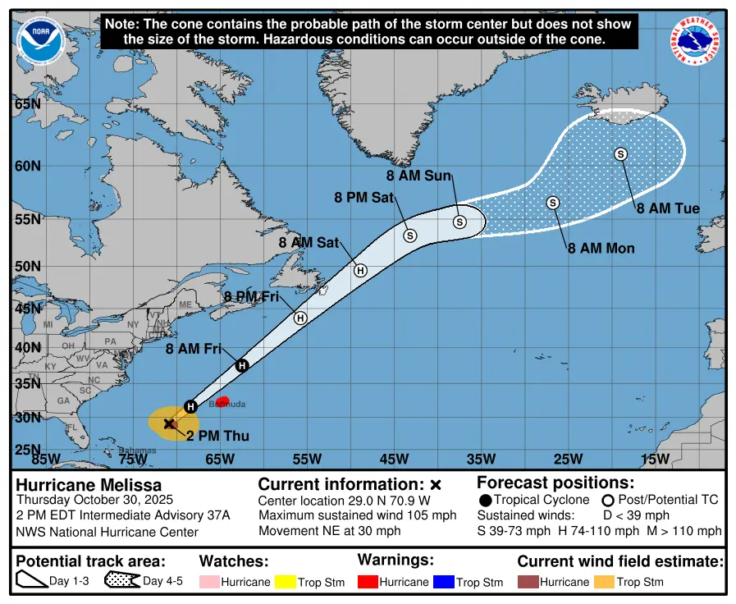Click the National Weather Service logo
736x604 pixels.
click(697, 42)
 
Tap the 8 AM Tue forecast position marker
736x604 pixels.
click(620, 154)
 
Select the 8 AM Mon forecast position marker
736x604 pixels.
click(553, 203)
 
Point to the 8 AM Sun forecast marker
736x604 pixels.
click(459, 222)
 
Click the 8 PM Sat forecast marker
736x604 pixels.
click(410, 235)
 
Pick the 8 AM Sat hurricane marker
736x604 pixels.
click(360, 270)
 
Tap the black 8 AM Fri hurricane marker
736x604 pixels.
click(242, 366)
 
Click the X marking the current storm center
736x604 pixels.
click(169, 423)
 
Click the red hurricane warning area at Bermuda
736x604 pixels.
click(222, 400)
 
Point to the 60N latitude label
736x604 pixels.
click(28, 166)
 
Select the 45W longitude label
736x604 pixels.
click(394, 459)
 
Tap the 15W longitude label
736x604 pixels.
click(655, 459)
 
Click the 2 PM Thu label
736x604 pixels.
click(217, 436)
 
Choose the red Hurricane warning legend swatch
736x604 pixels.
click(367, 582)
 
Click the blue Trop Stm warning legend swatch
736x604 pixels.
click(444, 582)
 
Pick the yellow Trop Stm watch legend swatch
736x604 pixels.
click(285, 582)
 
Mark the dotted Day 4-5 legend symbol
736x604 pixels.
click(122, 582)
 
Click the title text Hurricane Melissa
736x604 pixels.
click(89, 485)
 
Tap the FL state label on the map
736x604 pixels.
click(72, 428)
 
